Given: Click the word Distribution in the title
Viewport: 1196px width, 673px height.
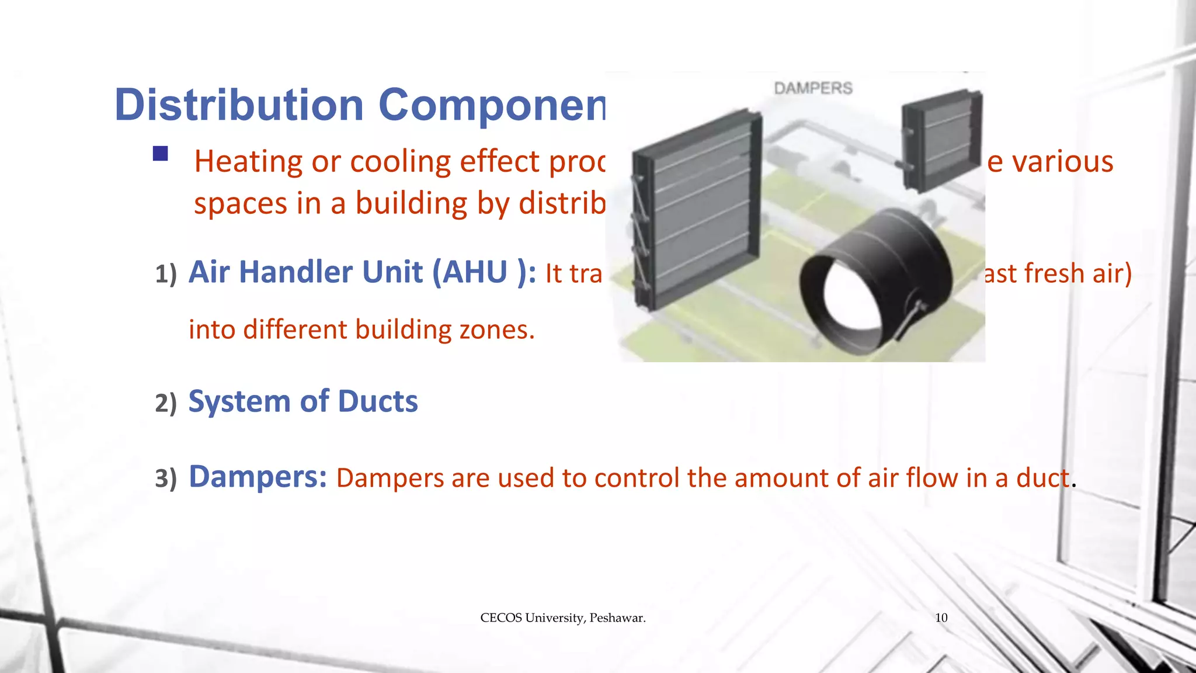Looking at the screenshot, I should pos(239,105).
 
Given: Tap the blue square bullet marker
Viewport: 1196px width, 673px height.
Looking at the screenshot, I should pos(161,154).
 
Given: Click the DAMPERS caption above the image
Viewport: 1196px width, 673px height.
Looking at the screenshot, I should pos(813,88).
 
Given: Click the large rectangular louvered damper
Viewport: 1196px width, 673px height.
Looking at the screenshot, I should pos(698,210).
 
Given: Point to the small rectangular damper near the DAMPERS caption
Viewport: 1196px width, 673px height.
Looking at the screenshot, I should pos(940,140).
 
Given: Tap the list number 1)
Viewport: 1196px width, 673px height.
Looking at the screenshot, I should pos(166,274).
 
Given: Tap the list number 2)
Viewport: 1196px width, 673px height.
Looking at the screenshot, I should pos(166,403).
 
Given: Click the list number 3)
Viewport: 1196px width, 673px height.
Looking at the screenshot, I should pos(166,478).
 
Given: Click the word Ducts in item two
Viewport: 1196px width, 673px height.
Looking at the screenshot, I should pos(378,401).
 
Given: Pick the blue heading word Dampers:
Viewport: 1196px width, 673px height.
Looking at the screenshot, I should pos(258,477).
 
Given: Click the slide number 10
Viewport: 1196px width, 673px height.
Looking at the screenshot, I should pos(941,618).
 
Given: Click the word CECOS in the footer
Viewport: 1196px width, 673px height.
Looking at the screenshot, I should pos(500,618).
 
